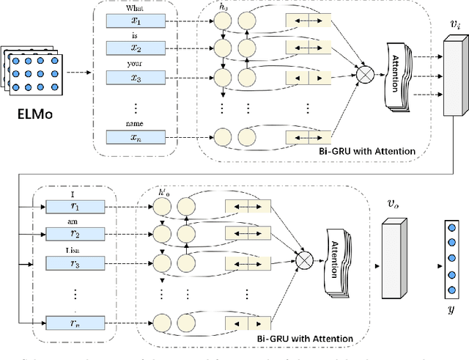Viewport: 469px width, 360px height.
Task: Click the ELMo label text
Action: [34, 115]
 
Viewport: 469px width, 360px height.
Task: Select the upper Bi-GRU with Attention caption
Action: [369, 151]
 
